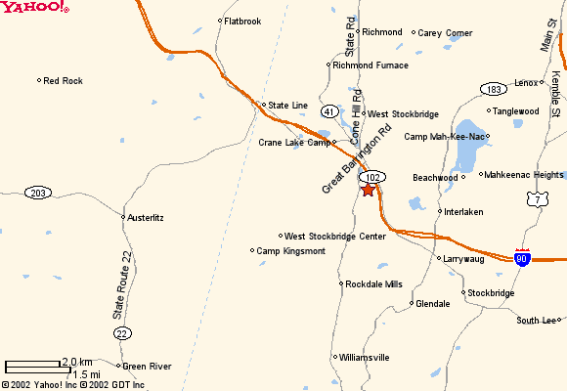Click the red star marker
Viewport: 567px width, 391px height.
[x=368, y=190]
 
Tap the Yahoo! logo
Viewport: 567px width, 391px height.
[x=35, y=8]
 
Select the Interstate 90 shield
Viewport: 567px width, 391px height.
[x=523, y=257]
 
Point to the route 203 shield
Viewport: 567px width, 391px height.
[x=38, y=193]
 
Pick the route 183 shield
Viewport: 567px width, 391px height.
[x=493, y=90]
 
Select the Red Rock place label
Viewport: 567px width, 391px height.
[x=64, y=81]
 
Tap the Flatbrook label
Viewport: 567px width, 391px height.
[x=242, y=21]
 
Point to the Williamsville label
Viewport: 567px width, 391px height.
[x=365, y=358]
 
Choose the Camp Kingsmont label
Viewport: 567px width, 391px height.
[x=290, y=251]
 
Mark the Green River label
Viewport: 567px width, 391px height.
[x=147, y=367]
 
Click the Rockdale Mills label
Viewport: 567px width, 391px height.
[x=373, y=284]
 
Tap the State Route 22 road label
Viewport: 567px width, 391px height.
[x=122, y=285]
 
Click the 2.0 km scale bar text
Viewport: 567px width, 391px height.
[x=77, y=362]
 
